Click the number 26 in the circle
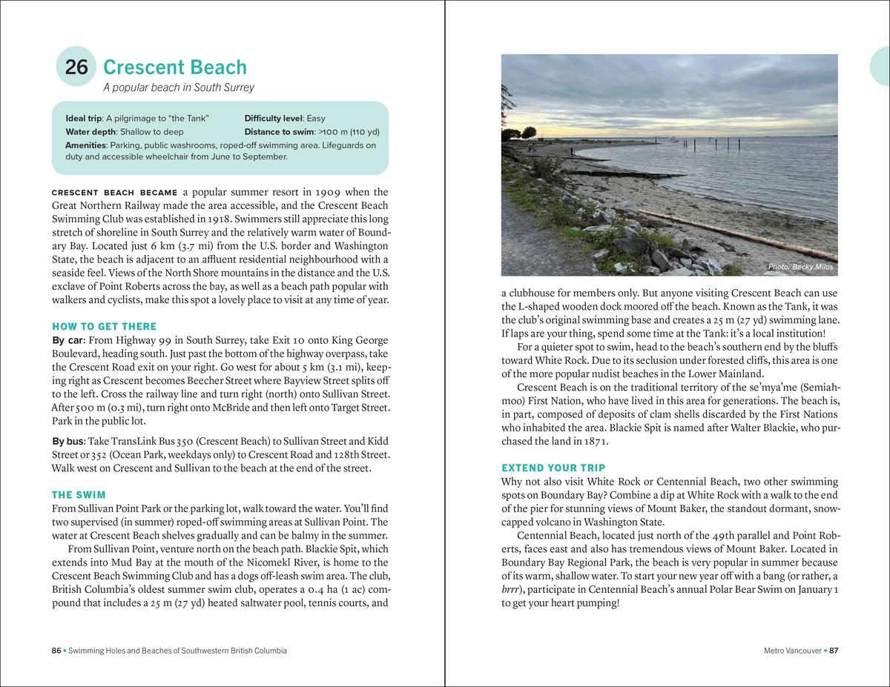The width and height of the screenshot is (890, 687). [x=76, y=67]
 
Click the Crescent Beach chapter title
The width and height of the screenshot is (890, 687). [x=175, y=67]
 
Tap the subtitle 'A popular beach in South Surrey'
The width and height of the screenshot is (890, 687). [x=178, y=87]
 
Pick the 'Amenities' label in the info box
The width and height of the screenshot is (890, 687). [x=85, y=145]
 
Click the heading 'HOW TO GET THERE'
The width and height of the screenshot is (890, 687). [x=104, y=327]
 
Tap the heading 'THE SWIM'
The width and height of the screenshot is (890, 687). [x=79, y=495]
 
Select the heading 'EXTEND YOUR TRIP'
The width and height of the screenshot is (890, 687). [x=553, y=468]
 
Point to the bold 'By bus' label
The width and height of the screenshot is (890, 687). [x=68, y=441]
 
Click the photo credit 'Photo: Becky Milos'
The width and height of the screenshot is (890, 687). [x=800, y=267]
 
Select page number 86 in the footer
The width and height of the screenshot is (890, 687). [x=56, y=651]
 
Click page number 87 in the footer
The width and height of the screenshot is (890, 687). [x=834, y=651]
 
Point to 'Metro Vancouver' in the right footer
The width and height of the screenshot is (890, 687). [x=793, y=651]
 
